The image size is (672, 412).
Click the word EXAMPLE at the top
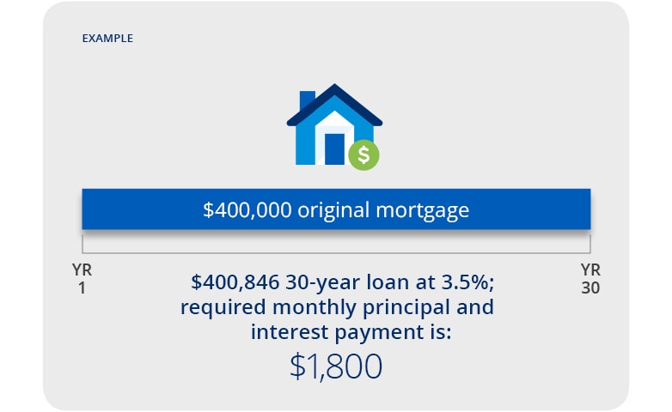(x=107, y=39)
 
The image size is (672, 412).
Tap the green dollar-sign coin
(x=363, y=154)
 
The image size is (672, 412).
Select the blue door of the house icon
(x=334, y=148)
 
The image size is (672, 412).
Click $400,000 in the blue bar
(x=247, y=210)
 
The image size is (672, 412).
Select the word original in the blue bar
(x=325, y=210)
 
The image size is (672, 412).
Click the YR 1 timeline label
(x=82, y=279)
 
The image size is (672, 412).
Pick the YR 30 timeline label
(x=590, y=279)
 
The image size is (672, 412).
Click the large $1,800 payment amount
(x=336, y=367)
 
